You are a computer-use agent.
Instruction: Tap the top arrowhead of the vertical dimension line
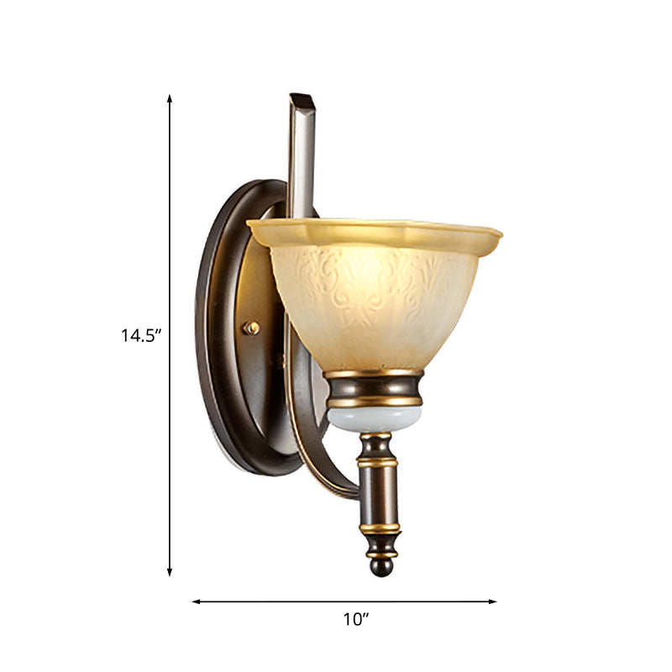170,98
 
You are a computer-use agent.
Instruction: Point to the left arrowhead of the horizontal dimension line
196,601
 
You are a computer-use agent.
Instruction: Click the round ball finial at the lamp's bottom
381,567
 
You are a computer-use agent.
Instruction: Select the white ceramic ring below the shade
374,418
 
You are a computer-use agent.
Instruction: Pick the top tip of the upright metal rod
302,99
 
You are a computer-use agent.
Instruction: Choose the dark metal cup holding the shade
374,389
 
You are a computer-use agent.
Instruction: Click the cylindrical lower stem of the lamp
380,496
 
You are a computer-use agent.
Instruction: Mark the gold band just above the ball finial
381,552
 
